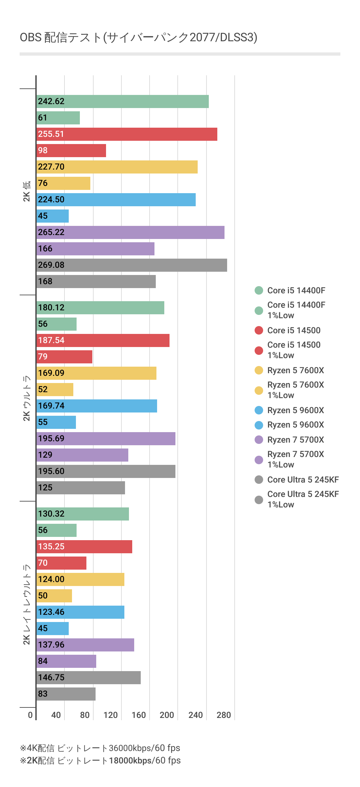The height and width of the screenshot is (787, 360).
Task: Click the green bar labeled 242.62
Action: (123, 101)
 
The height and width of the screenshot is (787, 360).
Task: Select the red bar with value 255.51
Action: (127, 134)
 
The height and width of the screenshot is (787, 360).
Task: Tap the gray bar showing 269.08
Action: (132, 265)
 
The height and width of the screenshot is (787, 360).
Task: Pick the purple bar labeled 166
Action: (96, 249)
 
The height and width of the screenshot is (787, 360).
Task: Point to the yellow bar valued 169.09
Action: (97, 373)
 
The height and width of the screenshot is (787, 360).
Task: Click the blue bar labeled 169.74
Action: (97, 406)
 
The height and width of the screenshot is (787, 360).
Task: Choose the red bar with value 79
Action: (64, 357)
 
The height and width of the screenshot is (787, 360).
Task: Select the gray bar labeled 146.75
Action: (89, 678)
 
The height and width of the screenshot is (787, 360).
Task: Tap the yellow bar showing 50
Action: (54, 596)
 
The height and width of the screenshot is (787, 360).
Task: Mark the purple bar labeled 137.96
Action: (85, 645)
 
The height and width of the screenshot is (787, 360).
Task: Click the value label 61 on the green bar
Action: (43, 118)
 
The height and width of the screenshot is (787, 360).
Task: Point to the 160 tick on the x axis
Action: (139, 715)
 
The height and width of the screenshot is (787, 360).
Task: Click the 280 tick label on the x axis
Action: (224, 715)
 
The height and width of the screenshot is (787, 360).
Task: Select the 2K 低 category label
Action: (27, 191)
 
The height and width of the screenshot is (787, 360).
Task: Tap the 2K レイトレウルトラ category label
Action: (27, 604)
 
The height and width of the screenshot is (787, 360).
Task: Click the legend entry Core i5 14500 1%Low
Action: (294, 350)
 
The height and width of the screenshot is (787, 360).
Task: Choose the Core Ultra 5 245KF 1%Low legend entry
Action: (303, 499)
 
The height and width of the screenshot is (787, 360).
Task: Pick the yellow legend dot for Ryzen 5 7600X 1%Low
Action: (259, 390)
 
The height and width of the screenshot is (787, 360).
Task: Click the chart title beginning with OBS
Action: (138, 38)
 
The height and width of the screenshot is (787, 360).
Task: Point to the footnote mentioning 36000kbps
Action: (100, 748)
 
